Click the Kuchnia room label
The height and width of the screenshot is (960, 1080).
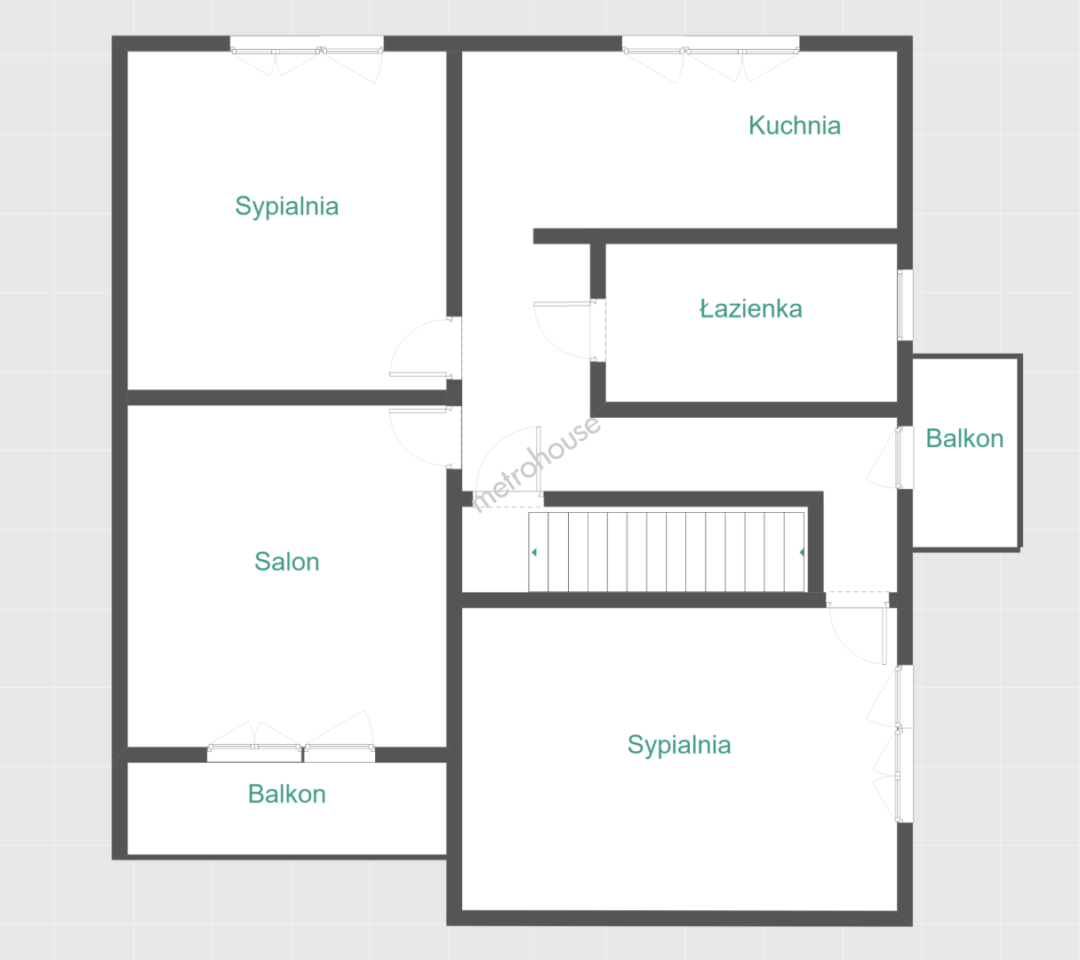(795, 126)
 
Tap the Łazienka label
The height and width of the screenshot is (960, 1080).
(750, 308)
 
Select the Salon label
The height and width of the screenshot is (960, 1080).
(287, 561)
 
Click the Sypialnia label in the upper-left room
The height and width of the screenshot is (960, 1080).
(287, 206)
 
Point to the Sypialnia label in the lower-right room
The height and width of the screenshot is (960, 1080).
(678, 745)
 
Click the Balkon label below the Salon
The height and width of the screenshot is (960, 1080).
(287, 794)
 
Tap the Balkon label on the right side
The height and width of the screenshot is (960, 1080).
(964, 438)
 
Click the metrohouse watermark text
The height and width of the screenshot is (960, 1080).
(536, 464)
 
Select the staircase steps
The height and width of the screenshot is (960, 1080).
(667, 552)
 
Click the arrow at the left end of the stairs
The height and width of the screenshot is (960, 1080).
(534, 552)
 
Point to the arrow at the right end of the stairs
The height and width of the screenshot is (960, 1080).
(802, 552)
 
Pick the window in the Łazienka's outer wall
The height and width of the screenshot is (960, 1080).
(905, 305)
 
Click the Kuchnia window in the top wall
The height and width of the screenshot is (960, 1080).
(710, 59)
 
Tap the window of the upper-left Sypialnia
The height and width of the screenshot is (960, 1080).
(307, 59)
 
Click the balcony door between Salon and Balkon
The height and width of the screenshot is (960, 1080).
(291, 737)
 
